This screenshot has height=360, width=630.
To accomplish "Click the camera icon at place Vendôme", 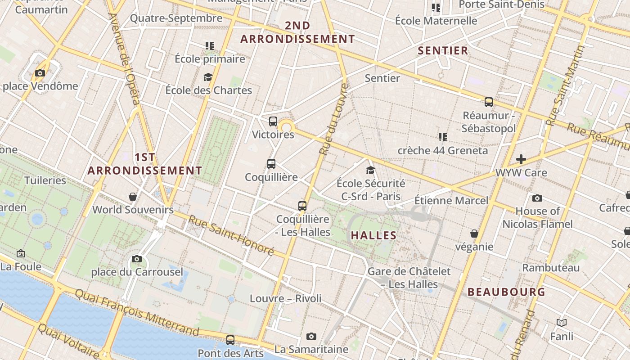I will (40, 73).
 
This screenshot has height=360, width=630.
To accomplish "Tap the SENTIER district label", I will (443, 50).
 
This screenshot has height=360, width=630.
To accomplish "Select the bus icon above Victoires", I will (273, 121).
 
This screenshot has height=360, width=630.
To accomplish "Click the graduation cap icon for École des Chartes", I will (208, 77).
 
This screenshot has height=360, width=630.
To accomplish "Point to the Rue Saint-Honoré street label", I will (231, 235).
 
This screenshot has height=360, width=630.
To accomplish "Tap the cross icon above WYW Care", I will (521, 159).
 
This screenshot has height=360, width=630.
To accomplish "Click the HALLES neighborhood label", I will (373, 235).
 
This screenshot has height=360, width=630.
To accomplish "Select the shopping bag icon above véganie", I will (474, 233).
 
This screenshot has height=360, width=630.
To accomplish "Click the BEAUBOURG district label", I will (506, 292).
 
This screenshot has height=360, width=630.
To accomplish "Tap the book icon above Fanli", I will (562, 323).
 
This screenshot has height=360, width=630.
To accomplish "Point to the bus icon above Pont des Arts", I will (230, 340).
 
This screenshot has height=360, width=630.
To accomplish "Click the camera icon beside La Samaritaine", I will (311, 336).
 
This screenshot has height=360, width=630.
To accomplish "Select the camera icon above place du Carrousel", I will (137, 259).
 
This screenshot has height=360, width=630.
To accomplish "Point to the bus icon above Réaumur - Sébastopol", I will (489, 102).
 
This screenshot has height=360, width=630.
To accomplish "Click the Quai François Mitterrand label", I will (137, 312).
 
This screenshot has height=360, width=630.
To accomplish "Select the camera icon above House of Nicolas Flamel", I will (537, 198).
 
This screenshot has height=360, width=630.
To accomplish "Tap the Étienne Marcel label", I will (451, 200).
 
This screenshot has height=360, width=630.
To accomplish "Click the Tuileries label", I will (45, 180).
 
